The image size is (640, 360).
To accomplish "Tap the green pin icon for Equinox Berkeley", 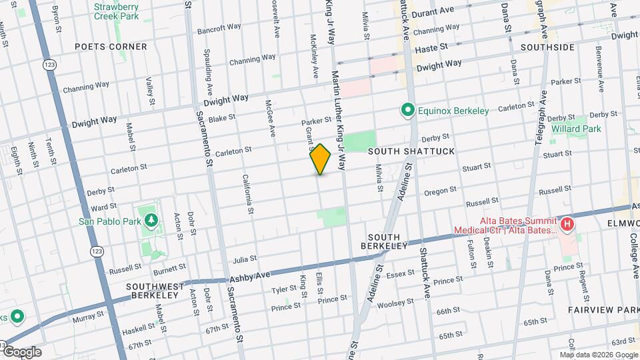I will tap(405, 110).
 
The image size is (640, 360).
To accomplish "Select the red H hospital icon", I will tap(567, 224).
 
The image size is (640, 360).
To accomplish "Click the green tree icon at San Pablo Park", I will tap(151, 221).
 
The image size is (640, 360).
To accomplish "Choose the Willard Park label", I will tap(577, 129).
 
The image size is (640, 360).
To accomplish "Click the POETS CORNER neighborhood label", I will tap(111, 47).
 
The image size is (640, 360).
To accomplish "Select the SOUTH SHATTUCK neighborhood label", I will tap(411, 151).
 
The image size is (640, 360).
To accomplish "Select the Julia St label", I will tap(245, 259).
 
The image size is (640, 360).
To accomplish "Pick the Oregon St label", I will tap(440, 191).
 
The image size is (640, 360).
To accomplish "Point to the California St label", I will tap(248, 194).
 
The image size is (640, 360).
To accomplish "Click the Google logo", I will tap(21, 352).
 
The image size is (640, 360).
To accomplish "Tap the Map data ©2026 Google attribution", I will tap(598, 355).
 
